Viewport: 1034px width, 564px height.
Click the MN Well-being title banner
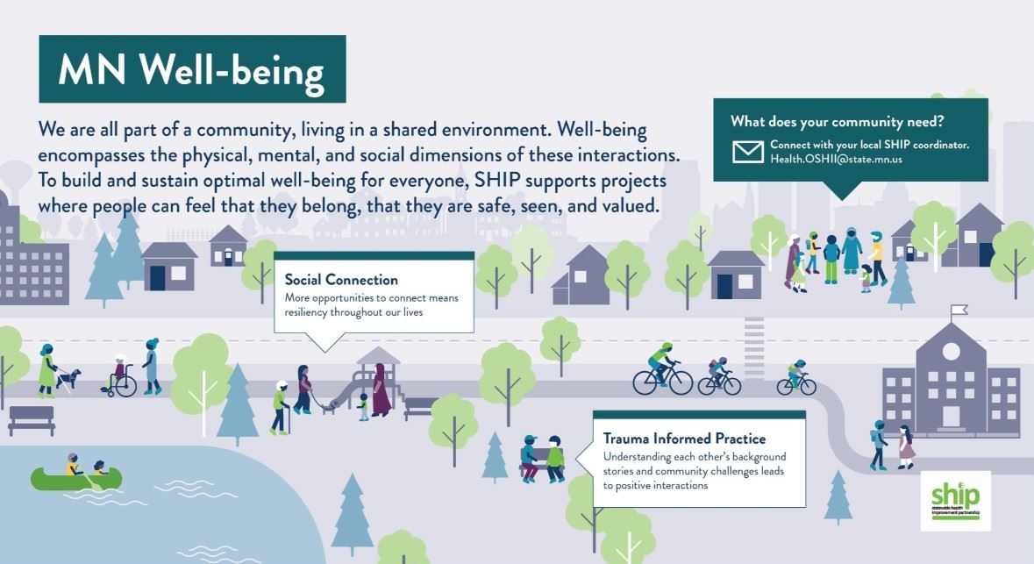(x=192, y=68)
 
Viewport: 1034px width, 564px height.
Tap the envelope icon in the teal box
(x=748, y=152)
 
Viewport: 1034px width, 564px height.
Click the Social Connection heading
(x=341, y=280)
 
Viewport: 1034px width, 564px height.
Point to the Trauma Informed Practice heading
(x=684, y=439)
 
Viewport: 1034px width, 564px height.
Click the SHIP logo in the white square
(x=956, y=501)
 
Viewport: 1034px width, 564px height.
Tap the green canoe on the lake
(x=75, y=478)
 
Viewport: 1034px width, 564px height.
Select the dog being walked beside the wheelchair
(x=68, y=379)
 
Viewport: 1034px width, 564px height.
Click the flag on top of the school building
(x=959, y=310)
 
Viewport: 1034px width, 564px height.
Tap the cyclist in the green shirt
(x=662, y=372)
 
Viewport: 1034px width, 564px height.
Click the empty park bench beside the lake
(x=32, y=420)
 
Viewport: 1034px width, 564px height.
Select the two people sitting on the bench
(x=542, y=459)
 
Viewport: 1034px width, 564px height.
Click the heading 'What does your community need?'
(x=837, y=121)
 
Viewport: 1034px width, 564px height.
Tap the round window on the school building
(x=951, y=351)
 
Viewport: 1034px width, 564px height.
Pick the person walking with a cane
(x=281, y=408)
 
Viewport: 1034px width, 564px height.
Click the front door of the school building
(x=951, y=417)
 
